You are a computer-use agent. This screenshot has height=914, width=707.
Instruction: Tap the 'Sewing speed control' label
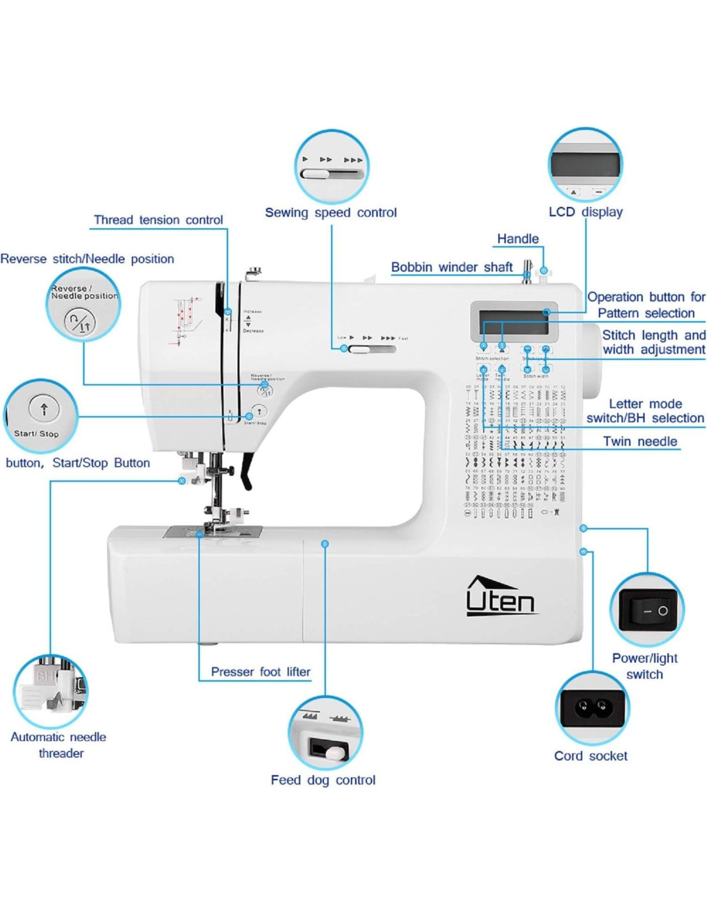pyautogui.click(x=330, y=213)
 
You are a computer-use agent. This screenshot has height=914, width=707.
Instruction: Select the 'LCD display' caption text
pyautogui.click(x=585, y=212)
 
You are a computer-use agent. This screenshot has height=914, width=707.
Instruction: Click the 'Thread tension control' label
pyautogui.click(x=158, y=220)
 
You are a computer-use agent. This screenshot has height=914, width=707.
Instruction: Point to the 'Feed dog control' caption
pyautogui.click(x=323, y=780)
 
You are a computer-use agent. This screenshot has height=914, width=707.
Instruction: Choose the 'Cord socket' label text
pyautogui.click(x=591, y=756)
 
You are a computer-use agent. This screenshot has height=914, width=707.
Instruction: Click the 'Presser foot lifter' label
pyautogui.click(x=260, y=672)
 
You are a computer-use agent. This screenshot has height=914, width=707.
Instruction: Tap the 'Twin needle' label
pyautogui.click(x=640, y=442)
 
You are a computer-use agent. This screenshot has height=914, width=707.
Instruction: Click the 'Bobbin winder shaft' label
pyautogui.click(x=451, y=267)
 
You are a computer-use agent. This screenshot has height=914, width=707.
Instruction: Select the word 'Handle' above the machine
pyautogui.click(x=517, y=239)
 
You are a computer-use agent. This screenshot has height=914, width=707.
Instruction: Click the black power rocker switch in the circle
pyautogui.click(x=647, y=610)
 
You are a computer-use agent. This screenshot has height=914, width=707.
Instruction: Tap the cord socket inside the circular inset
pyautogui.click(x=592, y=708)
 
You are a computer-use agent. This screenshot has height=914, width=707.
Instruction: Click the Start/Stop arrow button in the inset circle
pyautogui.click(x=44, y=408)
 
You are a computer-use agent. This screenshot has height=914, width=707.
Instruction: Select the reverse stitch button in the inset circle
pyautogui.click(x=80, y=321)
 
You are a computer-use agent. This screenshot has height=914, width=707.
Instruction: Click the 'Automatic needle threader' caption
pyautogui.click(x=59, y=745)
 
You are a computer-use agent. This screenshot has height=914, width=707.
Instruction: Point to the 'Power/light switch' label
pyautogui.click(x=644, y=666)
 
